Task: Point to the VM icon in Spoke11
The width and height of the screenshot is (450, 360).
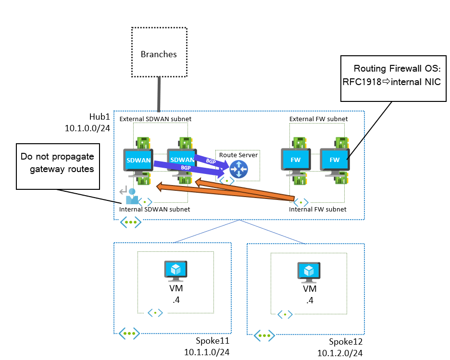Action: pos(175,271)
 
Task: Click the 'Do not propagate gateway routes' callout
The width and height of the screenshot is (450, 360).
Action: pos(58,165)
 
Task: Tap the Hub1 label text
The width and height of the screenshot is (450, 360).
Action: pos(100,117)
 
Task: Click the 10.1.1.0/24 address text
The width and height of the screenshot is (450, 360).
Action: pos(207,352)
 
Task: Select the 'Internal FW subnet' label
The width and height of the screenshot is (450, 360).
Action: pos(317,210)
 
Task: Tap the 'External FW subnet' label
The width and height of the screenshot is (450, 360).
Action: pos(318,119)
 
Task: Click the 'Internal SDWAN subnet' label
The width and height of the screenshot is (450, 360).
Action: pos(154,209)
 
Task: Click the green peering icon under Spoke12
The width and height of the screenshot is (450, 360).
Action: pos(264,335)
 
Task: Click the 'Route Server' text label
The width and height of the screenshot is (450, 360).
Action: pos(238,155)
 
